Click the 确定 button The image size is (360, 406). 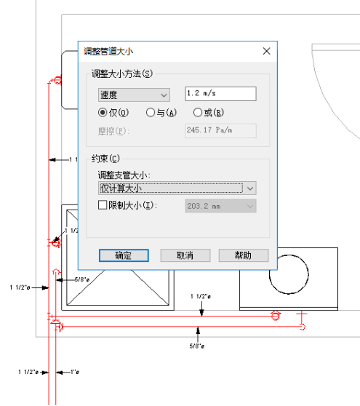[124, 255]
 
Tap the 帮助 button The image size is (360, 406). [244, 255]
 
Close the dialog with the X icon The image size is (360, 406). [267, 51]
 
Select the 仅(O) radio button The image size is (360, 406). [103, 113]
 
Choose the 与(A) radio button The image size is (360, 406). [150, 113]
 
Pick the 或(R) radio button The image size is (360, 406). [198, 113]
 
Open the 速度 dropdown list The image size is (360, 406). [134, 95]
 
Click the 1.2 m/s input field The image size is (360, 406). [221, 94]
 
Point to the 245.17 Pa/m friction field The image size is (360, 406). [221, 130]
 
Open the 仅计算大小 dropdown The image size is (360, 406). [177, 188]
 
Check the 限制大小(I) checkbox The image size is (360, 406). [103, 205]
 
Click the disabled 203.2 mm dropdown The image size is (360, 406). [221, 206]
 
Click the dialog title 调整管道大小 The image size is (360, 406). [108, 52]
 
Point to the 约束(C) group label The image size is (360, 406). [105, 159]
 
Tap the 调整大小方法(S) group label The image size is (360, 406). [122, 74]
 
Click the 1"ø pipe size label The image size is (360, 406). [75, 372]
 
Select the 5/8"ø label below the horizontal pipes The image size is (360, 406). [197, 346]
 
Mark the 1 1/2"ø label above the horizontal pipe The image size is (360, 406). [201, 296]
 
